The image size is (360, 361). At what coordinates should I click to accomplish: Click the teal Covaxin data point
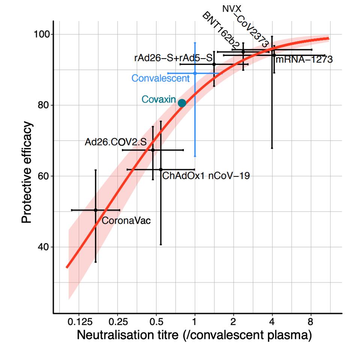click(x=182, y=103)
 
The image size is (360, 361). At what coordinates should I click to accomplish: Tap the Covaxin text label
click(x=158, y=99)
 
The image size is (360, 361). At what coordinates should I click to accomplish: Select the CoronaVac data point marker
click(x=95, y=210)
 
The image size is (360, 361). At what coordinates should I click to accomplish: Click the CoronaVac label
click(x=126, y=221)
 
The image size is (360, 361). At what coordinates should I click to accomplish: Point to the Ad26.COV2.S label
click(x=115, y=142)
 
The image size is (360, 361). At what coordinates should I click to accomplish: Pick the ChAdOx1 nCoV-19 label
click(x=206, y=175)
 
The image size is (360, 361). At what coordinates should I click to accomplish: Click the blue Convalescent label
click(x=160, y=78)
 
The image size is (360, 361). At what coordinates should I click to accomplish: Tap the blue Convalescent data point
click(x=195, y=73)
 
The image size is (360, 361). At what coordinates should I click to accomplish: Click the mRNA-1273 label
click(x=304, y=59)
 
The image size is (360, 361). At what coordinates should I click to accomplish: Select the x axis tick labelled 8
click(x=311, y=322)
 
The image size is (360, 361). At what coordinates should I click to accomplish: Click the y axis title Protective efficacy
click(x=27, y=172)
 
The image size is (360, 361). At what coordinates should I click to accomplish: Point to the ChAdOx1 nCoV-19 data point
click(x=161, y=170)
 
